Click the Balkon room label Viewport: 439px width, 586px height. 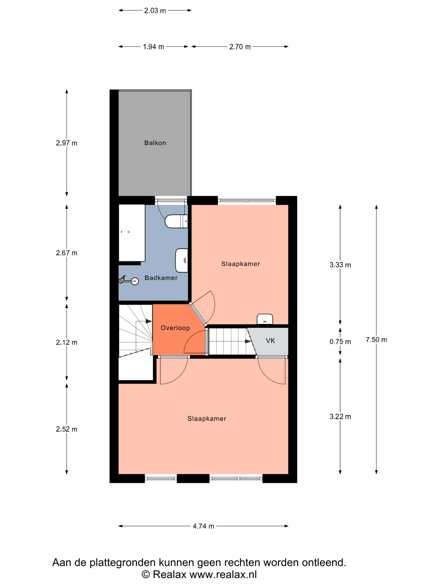pos(155,143)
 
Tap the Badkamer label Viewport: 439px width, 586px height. pos(161,278)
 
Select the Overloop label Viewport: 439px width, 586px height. pos(175,328)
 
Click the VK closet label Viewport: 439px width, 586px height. pos(271,341)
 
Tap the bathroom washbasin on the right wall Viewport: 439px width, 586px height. pos(182,260)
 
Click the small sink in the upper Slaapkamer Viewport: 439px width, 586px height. pos(265,319)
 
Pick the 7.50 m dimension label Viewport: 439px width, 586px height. pos(376,340)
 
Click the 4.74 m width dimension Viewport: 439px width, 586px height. pos(203,526)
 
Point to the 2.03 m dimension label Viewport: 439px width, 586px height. pos(155,11)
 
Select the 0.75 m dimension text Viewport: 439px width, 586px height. pos(340,342)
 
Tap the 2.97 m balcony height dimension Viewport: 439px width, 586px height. pos(66,143)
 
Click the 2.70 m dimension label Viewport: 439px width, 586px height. pos(240,47)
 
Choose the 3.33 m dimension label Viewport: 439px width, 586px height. pos(340,265)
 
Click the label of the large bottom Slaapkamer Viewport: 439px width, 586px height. pos(207,419)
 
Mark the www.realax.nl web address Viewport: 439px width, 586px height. pos(223,575)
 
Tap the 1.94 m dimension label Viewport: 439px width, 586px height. pos(153,47)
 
